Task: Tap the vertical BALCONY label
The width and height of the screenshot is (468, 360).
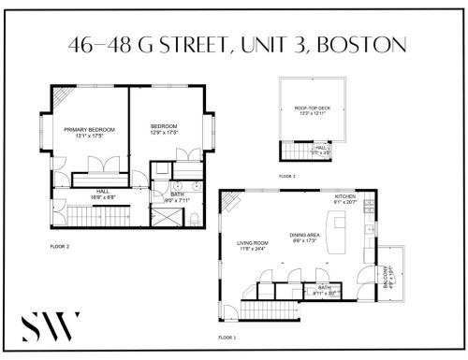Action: (391, 278)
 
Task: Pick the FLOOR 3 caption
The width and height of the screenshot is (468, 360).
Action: (286, 176)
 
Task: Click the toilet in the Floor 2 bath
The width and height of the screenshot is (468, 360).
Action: (193, 217)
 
